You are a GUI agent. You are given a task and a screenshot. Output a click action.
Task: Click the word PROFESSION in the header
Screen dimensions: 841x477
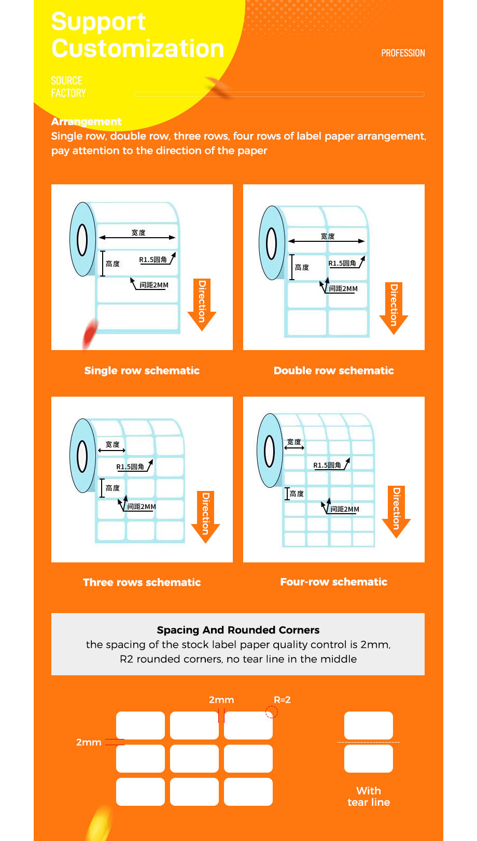(x=403, y=53)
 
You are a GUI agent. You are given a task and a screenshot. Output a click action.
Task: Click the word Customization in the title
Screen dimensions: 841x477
(x=138, y=48)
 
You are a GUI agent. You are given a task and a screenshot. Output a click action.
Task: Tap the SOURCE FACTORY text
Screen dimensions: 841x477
(x=68, y=87)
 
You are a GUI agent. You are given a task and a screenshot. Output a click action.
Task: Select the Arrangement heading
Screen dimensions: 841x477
(x=86, y=121)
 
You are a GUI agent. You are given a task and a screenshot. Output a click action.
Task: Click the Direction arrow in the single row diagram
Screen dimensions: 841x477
(x=202, y=305)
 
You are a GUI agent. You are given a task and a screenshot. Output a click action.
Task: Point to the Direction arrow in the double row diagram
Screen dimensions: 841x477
(x=394, y=308)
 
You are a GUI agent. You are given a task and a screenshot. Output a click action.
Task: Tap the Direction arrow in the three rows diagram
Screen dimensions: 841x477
(x=205, y=517)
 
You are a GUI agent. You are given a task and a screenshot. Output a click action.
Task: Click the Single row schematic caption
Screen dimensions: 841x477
(x=142, y=370)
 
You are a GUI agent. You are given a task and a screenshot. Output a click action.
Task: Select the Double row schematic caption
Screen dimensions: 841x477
(x=333, y=370)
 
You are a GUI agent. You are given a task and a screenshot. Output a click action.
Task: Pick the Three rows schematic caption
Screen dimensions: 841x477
(x=142, y=582)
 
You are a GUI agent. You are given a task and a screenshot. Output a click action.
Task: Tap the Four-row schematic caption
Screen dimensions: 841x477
(x=333, y=582)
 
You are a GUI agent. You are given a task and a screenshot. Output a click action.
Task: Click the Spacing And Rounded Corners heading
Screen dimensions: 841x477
(x=238, y=630)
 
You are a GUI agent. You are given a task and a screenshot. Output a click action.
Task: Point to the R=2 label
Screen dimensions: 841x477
(x=282, y=700)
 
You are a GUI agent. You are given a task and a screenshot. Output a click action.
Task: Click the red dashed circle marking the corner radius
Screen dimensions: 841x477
(x=272, y=713)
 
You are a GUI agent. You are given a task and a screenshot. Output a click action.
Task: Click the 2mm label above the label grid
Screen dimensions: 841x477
(x=221, y=700)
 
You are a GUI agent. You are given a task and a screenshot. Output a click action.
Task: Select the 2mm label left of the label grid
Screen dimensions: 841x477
(x=89, y=742)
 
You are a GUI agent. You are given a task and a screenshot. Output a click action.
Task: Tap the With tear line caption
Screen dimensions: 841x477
(x=369, y=796)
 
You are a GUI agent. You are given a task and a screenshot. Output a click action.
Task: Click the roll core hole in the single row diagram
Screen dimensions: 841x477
(x=82, y=240)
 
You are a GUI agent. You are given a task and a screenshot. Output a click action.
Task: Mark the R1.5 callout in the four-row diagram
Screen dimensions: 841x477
(x=327, y=465)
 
